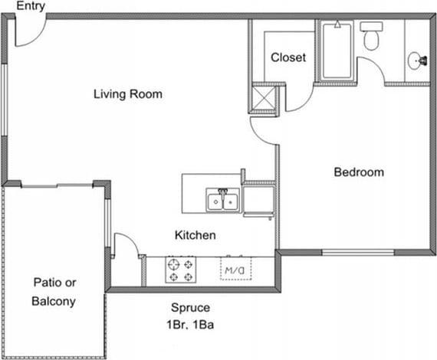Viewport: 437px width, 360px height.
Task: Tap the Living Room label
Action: point(128,94)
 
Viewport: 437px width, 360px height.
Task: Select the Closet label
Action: point(288,57)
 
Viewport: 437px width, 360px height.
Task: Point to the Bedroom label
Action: point(358,172)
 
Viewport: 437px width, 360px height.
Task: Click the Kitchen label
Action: point(194,235)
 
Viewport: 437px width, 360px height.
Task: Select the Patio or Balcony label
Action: point(54,291)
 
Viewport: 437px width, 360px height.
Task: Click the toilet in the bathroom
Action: point(371,36)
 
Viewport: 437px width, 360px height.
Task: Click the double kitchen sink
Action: point(222,201)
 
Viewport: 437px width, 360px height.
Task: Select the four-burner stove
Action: point(182,270)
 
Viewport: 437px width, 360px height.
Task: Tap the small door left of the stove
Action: point(126,247)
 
